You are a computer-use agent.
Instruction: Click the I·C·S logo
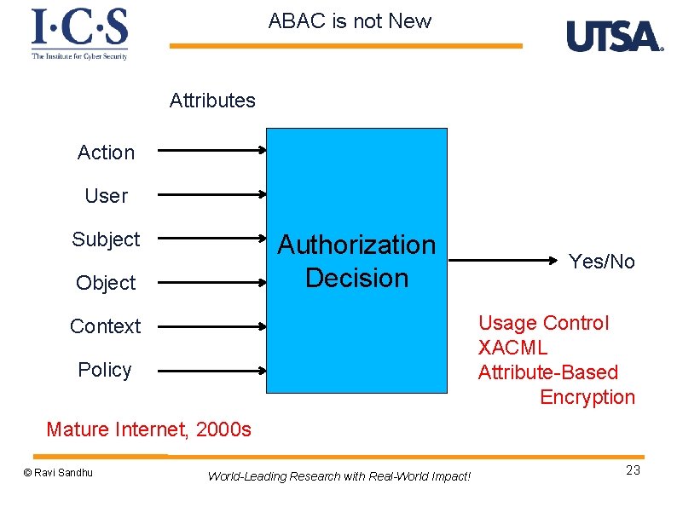[x=79, y=33]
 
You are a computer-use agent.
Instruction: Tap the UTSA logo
[x=614, y=37]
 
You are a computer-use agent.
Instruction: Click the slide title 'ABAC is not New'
[x=350, y=21]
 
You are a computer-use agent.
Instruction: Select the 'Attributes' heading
[x=212, y=101]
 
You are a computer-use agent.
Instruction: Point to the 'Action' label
[x=106, y=153]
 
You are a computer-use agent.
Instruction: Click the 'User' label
[x=106, y=196]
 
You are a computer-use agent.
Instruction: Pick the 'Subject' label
[x=106, y=239]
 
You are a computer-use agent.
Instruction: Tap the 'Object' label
[x=106, y=283]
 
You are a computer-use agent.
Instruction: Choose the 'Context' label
[x=106, y=326]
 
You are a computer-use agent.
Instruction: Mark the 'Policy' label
[x=105, y=370]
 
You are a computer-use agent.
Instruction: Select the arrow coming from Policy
[x=212, y=371]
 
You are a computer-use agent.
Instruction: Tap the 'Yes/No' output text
[x=602, y=262]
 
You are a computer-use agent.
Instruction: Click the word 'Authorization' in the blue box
[x=356, y=245]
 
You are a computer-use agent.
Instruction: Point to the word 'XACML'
[x=512, y=348]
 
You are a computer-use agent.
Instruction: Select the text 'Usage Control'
[x=543, y=323]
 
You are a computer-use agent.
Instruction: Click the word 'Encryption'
[x=587, y=397]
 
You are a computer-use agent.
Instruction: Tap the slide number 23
[x=633, y=471]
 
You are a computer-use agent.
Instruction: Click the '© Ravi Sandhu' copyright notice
[x=58, y=473]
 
